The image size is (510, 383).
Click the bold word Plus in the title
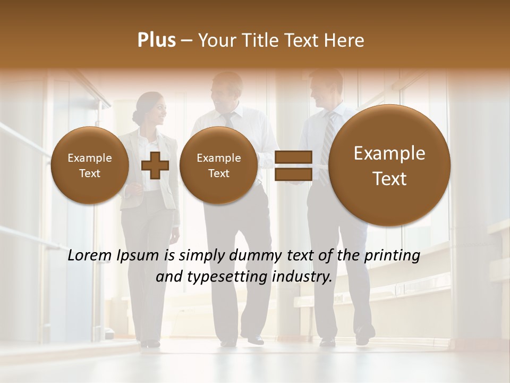156,40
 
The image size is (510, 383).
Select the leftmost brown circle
89,165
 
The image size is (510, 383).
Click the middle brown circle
218,165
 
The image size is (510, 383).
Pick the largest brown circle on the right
389,165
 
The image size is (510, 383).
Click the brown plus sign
155,166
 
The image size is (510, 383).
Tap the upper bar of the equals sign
293,157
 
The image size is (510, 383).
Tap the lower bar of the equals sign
293,174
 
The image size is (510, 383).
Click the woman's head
150,107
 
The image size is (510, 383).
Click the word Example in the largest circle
389,154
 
